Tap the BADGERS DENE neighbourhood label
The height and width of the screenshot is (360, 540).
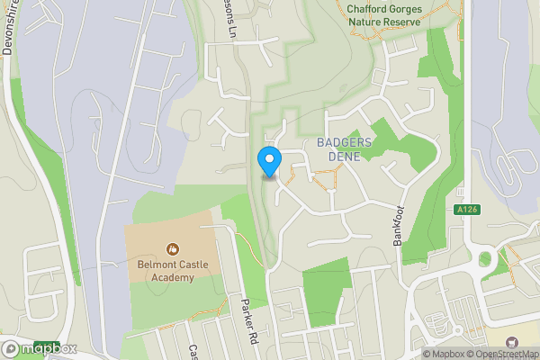click(337, 149)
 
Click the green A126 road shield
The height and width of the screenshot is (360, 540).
click(465, 209)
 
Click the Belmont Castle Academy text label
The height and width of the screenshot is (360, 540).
click(171, 271)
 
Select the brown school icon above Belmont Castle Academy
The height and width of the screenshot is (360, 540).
click(171, 247)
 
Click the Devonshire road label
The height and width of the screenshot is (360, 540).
click(11, 36)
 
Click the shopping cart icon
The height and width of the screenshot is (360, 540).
click(512, 341)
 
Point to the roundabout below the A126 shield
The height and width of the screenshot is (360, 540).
click(487, 260)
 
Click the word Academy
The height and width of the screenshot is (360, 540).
click(171, 278)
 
